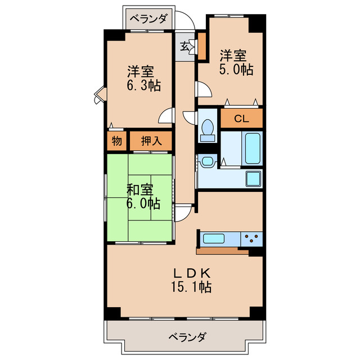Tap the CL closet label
pos(241,119)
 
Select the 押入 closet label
pos(151,141)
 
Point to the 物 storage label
pos(116,141)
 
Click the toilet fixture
pos(207,129)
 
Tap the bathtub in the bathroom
pos(253,147)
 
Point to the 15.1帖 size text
pos(192,287)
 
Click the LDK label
pos(192,273)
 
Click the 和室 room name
pos(139,190)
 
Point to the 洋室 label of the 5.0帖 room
pos(233,56)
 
